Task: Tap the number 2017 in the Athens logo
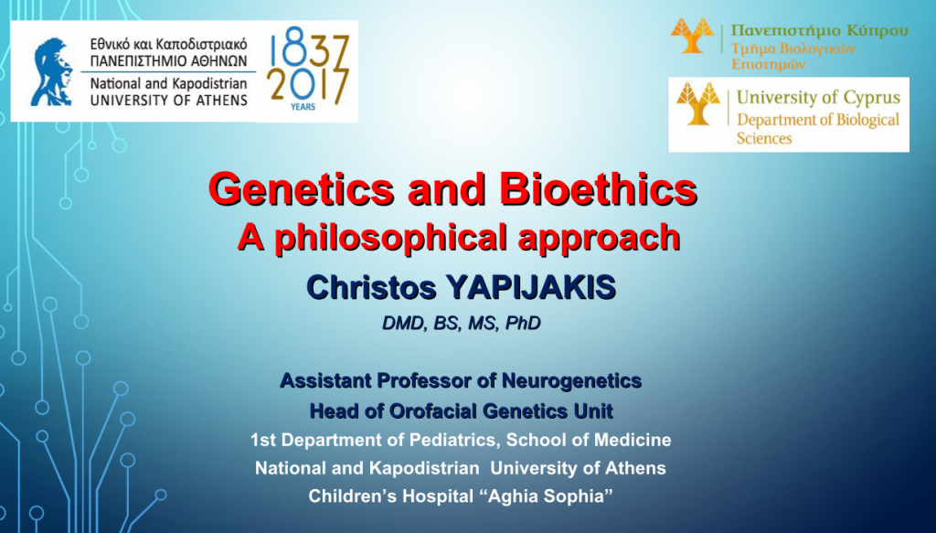307,86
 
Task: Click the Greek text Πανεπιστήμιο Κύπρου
820,30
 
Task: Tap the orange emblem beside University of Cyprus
698,104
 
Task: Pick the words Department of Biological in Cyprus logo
818,120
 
